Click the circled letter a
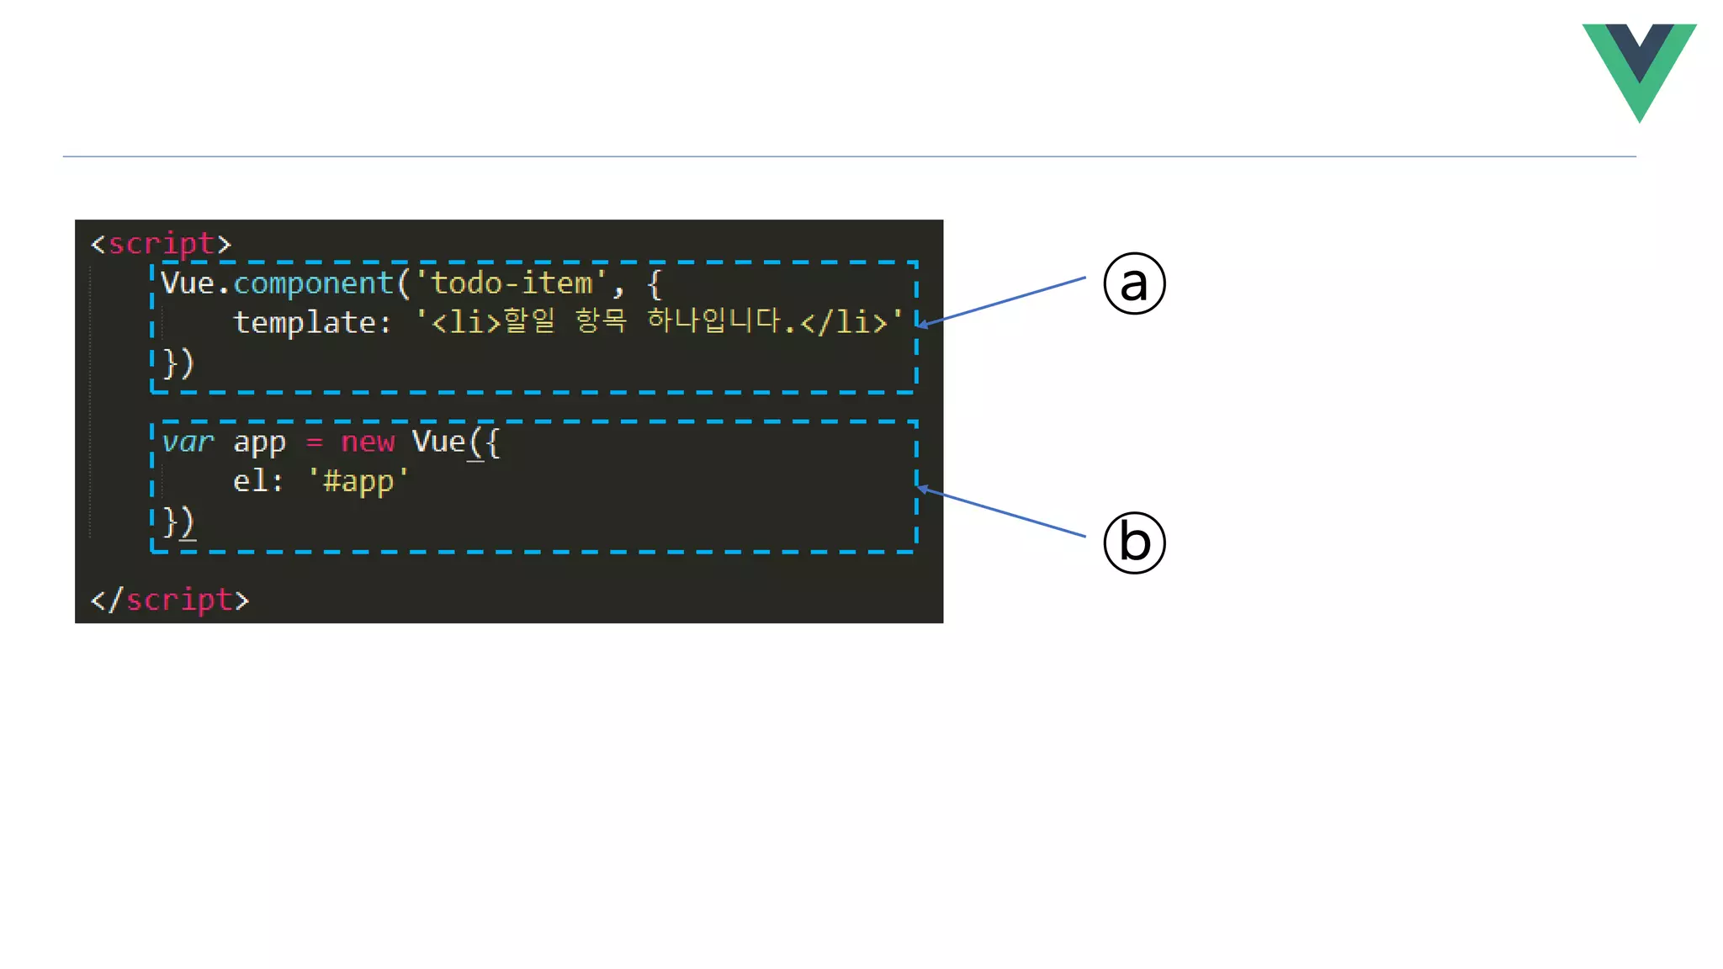click(1134, 283)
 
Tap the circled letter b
click(1134, 543)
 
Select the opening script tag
click(160, 244)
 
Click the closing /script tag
click(170, 600)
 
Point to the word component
click(313, 283)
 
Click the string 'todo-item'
click(512, 283)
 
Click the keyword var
click(188, 442)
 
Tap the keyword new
click(368, 442)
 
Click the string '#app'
click(358, 481)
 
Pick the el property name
click(250, 481)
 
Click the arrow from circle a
click(1001, 301)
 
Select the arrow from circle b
click(1001, 511)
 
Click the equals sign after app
click(314, 442)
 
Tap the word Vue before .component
click(188, 283)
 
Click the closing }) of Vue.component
click(178, 363)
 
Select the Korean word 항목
click(601, 320)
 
